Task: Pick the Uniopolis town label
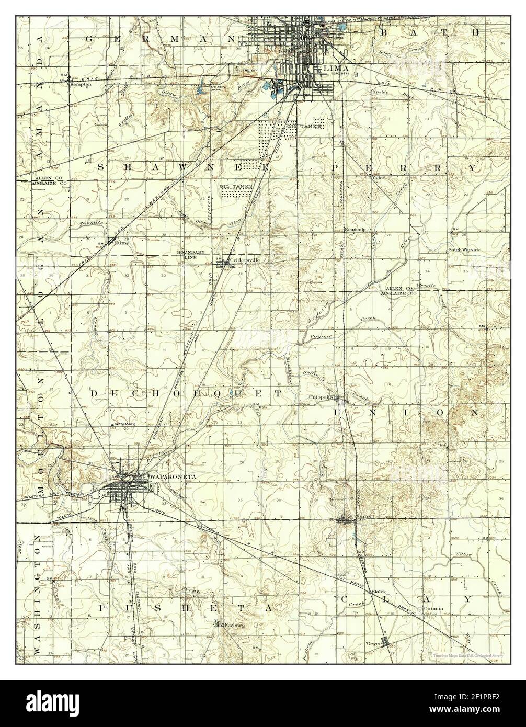tap(321, 396)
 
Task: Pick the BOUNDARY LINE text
tap(188, 255)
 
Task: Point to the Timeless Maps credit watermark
tap(471, 655)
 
